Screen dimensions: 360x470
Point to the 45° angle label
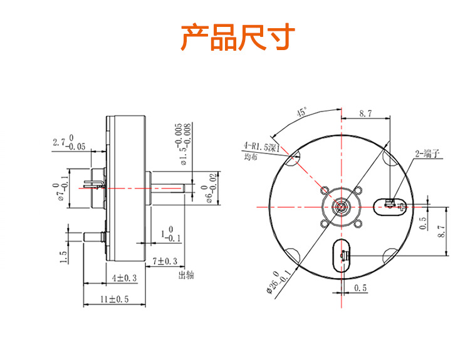click(x=303, y=113)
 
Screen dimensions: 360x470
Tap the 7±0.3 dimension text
click(x=164, y=260)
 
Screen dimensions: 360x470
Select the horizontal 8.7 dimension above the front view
click(x=365, y=113)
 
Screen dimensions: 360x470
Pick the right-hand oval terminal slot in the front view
click(x=389, y=205)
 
